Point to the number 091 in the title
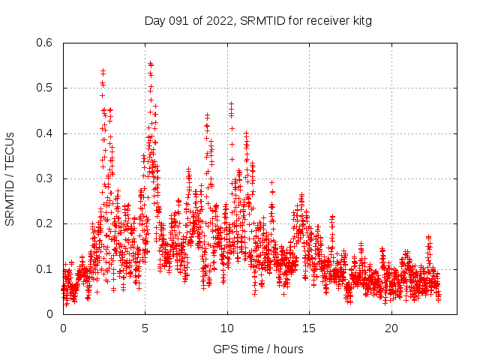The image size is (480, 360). (x=180, y=21)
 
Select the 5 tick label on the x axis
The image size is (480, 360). (x=145, y=328)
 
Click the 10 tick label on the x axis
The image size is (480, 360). (x=227, y=328)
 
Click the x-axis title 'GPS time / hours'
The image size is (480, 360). (x=257, y=349)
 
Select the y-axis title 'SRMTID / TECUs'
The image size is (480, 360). (x=10, y=178)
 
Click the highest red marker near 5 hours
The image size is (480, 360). (x=150, y=64)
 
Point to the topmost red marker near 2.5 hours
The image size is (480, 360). (x=103, y=70)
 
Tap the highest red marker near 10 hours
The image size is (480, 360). (x=231, y=104)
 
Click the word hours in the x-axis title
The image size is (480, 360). (x=287, y=349)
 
